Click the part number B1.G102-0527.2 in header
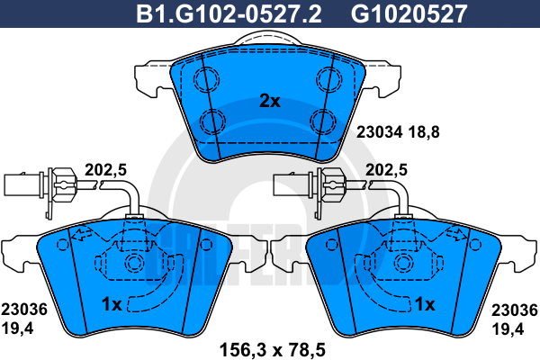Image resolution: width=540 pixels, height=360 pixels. click(229, 13)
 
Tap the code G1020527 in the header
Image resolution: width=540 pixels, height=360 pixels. click(409, 13)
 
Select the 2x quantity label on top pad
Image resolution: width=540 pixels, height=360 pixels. click(270, 101)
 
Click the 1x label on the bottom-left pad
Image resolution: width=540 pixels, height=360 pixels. click(112, 304)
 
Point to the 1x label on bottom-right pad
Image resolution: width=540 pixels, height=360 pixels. click(425, 304)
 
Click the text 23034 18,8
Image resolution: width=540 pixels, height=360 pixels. click(398, 132)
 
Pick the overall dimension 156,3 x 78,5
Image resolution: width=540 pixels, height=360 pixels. click(273, 350)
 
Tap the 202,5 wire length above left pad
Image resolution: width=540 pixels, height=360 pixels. click(105, 170)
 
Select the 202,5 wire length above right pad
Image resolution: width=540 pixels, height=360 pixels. click(386, 170)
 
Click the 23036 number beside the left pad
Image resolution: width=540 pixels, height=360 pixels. click(24, 310)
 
